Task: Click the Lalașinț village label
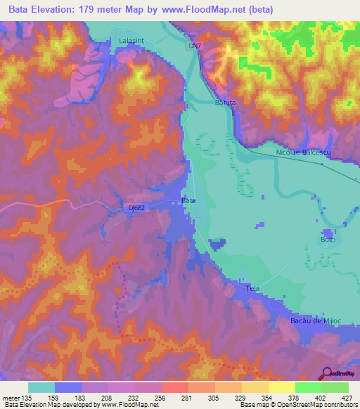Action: [x=131, y=42]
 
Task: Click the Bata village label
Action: [x=188, y=200]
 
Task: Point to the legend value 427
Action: [x=347, y=398]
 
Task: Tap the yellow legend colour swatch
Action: [x=281, y=387]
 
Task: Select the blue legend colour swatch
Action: [x=68, y=387]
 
